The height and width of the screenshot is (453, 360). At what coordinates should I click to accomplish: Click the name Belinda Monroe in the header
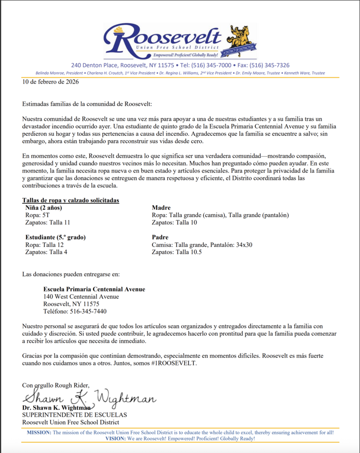coord(53,73)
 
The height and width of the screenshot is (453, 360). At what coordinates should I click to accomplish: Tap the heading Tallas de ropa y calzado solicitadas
coord(70,200)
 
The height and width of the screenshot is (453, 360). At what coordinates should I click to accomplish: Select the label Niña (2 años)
coord(44,208)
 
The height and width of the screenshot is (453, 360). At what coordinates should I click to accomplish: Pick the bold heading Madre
coord(161,208)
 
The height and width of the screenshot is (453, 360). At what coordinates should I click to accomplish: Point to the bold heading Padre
coord(161,237)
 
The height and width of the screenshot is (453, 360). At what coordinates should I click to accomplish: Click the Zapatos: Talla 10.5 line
coord(176,252)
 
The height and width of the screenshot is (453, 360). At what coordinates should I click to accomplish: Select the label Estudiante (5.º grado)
coord(55,237)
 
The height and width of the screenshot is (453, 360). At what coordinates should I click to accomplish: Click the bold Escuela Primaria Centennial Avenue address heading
coord(94,289)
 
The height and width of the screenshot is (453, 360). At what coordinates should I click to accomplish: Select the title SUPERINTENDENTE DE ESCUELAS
coord(74,415)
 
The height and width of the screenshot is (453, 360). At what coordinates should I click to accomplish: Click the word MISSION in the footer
coord(39,432)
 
